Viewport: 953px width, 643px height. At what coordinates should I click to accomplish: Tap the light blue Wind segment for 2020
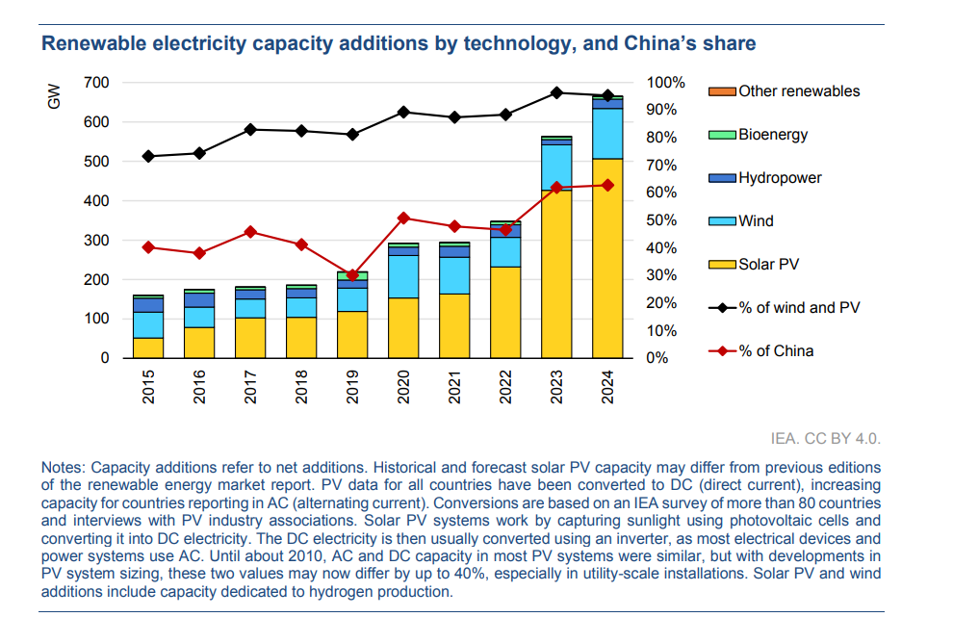pyautogui.click(x=403, y=276)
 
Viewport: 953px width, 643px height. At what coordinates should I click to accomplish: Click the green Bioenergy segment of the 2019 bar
pyautogui.click(x=352, y=276)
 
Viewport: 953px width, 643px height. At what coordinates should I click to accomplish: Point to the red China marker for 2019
pyautogui.click(x=352, y=274)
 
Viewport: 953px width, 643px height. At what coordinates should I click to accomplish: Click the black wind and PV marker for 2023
pyautogui.click(x=556, y=92)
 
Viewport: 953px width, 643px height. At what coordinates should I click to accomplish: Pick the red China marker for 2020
pyautogui.click(x=403, y=218)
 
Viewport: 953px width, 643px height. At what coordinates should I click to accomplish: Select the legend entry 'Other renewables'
pyautogui.click(x=798, y=91)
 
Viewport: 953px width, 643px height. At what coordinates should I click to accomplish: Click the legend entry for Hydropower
pyautogui.click(x=780, y=178)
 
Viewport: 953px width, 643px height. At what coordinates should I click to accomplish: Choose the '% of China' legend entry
pyautogui.click(x=775, y=351)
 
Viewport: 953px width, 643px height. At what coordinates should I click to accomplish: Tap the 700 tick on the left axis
pyautogui.click(x=96, y=83)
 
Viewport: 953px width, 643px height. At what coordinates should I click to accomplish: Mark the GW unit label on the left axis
pyautogui.click(x=54, y=96)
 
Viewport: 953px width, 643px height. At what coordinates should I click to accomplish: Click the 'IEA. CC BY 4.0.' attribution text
pyautogui.click(x=826, y=439)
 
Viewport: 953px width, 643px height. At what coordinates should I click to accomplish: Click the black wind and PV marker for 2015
pyautogui.click(x=148, y=156)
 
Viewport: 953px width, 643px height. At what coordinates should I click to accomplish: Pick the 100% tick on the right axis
pyautogui.click(x=663, y=83)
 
